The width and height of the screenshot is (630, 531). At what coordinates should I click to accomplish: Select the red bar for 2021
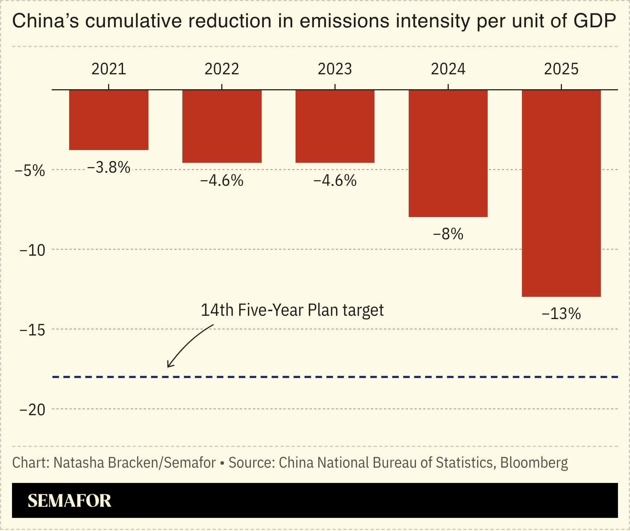[x=109, y=120]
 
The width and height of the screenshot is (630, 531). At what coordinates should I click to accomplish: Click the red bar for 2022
[x=222, y=126]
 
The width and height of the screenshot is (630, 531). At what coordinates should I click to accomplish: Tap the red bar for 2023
[x=335, y=126]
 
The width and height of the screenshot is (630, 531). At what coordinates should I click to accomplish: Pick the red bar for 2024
[x=448, y=153]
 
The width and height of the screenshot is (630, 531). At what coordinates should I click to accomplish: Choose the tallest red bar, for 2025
[x=561, y=193]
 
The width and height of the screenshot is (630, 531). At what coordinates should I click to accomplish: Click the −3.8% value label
[x=109, y=168]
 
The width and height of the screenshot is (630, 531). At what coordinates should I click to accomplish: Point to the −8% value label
[x=448, y=234]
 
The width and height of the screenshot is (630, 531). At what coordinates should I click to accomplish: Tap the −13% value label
[x=561, y=314]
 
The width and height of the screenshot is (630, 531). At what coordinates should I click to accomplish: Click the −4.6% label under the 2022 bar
[x=222, y=181]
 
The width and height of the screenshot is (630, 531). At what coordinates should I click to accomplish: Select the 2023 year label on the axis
[x=335, y=69]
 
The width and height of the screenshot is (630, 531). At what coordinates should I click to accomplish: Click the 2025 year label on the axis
[x=561, y=69]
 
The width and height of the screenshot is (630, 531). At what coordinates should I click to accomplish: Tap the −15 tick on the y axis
[x=32, y=330]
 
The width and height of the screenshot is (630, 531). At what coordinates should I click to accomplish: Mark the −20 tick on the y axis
[x=32, y=410]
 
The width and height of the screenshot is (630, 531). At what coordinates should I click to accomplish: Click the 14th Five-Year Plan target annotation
[x=292, y=310]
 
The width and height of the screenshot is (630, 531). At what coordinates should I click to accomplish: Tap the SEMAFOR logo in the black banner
[x=70, y=501]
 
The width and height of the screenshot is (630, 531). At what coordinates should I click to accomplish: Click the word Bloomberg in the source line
[x=534, y=463]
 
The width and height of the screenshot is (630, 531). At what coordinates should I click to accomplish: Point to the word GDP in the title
[x=595, y=21]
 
